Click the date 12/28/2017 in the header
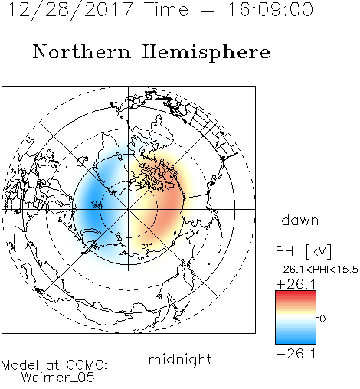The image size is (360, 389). pos(70,10)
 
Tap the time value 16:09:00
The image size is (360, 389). pos(270,9)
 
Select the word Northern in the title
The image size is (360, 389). pos(82,51)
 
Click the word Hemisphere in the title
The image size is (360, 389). pos(206,53)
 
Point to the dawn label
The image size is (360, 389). pos(300,220)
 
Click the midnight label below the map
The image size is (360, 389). pos(180,359)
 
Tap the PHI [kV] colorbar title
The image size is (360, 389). pos(303,251)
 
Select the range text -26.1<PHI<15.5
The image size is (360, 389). pos(317,270)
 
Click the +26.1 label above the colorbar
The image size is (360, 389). pos(296,284)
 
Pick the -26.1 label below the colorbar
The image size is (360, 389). pos(296,354)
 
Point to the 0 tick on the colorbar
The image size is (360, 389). pos(322,319)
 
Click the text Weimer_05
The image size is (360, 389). pos(58,378)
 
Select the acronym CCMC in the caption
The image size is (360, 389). pos(87,365)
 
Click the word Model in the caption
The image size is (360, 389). pos(20,365)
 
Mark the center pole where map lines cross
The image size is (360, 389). pos(129,209)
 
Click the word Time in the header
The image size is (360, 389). pos(166,10)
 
